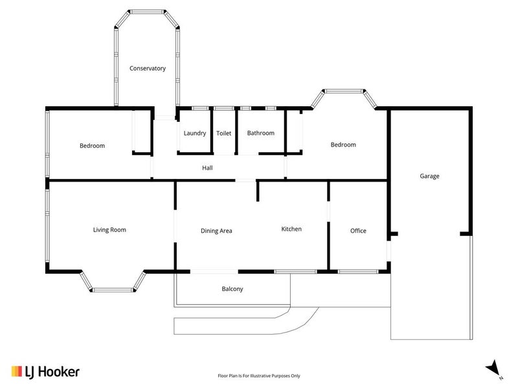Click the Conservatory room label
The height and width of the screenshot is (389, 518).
[148, 68]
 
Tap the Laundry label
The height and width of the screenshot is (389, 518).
[194, 133]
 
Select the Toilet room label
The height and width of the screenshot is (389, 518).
[223, 133]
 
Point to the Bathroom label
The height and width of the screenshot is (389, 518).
[261, 133]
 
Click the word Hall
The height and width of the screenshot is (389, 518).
[207, 167]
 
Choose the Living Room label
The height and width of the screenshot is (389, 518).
[109, 230]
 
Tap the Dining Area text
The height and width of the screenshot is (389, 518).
[216, 230]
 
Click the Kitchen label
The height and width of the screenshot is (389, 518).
[291, 229]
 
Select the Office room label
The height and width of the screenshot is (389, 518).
[358, 230]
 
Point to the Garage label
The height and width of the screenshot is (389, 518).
[429, 176]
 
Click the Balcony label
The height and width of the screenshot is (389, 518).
[232, 289]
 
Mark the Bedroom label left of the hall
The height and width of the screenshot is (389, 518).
[92, 146]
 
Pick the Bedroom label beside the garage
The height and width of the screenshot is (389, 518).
[343, 145]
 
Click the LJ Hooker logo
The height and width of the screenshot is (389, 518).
[45, 371]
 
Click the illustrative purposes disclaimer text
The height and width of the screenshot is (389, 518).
[258, 375]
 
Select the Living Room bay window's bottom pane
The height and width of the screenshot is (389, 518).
[113, 289]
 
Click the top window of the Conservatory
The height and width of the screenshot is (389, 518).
[146, 11]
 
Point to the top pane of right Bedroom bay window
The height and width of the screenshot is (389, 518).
[343, 91]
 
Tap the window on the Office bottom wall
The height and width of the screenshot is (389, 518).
[358, 270]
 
